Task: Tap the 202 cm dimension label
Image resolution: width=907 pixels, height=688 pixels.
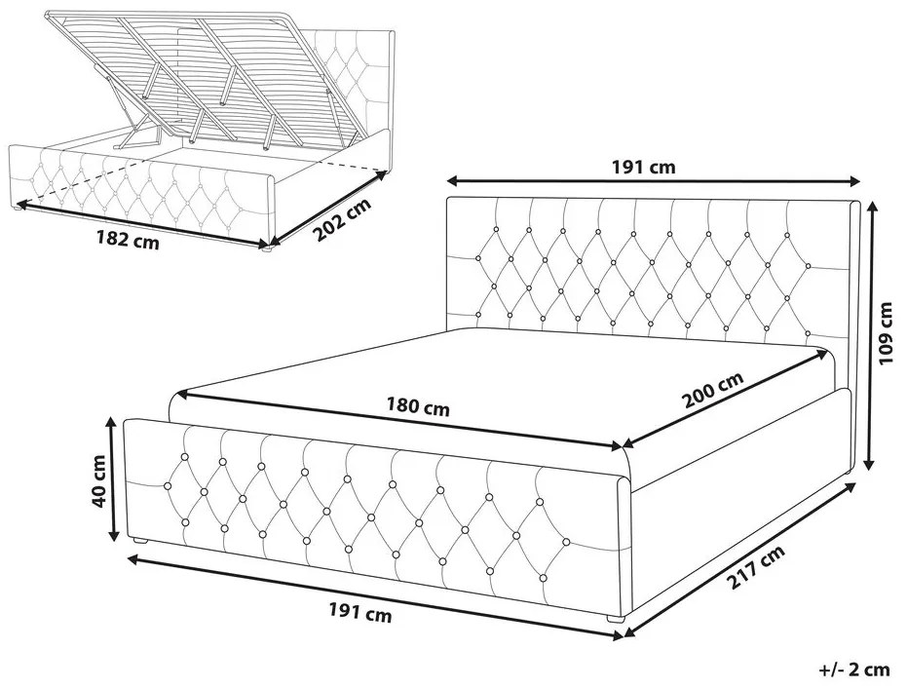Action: click(x=343, y=220)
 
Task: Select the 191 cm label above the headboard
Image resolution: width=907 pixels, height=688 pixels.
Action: click(x=643, y=168)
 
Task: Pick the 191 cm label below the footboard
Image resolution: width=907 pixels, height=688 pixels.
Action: click(x=360, y=612)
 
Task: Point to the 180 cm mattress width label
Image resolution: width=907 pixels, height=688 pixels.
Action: click(x=418, y=406)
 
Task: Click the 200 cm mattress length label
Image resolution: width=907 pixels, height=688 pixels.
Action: click(x=712, y=390)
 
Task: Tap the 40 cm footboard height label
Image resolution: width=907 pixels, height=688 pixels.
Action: click(x=98, y=481)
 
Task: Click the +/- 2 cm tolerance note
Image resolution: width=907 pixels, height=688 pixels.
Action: click(x=853, y=669)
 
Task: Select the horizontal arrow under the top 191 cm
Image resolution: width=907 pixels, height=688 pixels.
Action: click(x=655, y=181)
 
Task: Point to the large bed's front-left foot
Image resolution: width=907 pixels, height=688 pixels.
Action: click(x=140, y=542)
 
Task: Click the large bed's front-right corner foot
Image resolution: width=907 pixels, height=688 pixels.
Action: click(x=616, y=619)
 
